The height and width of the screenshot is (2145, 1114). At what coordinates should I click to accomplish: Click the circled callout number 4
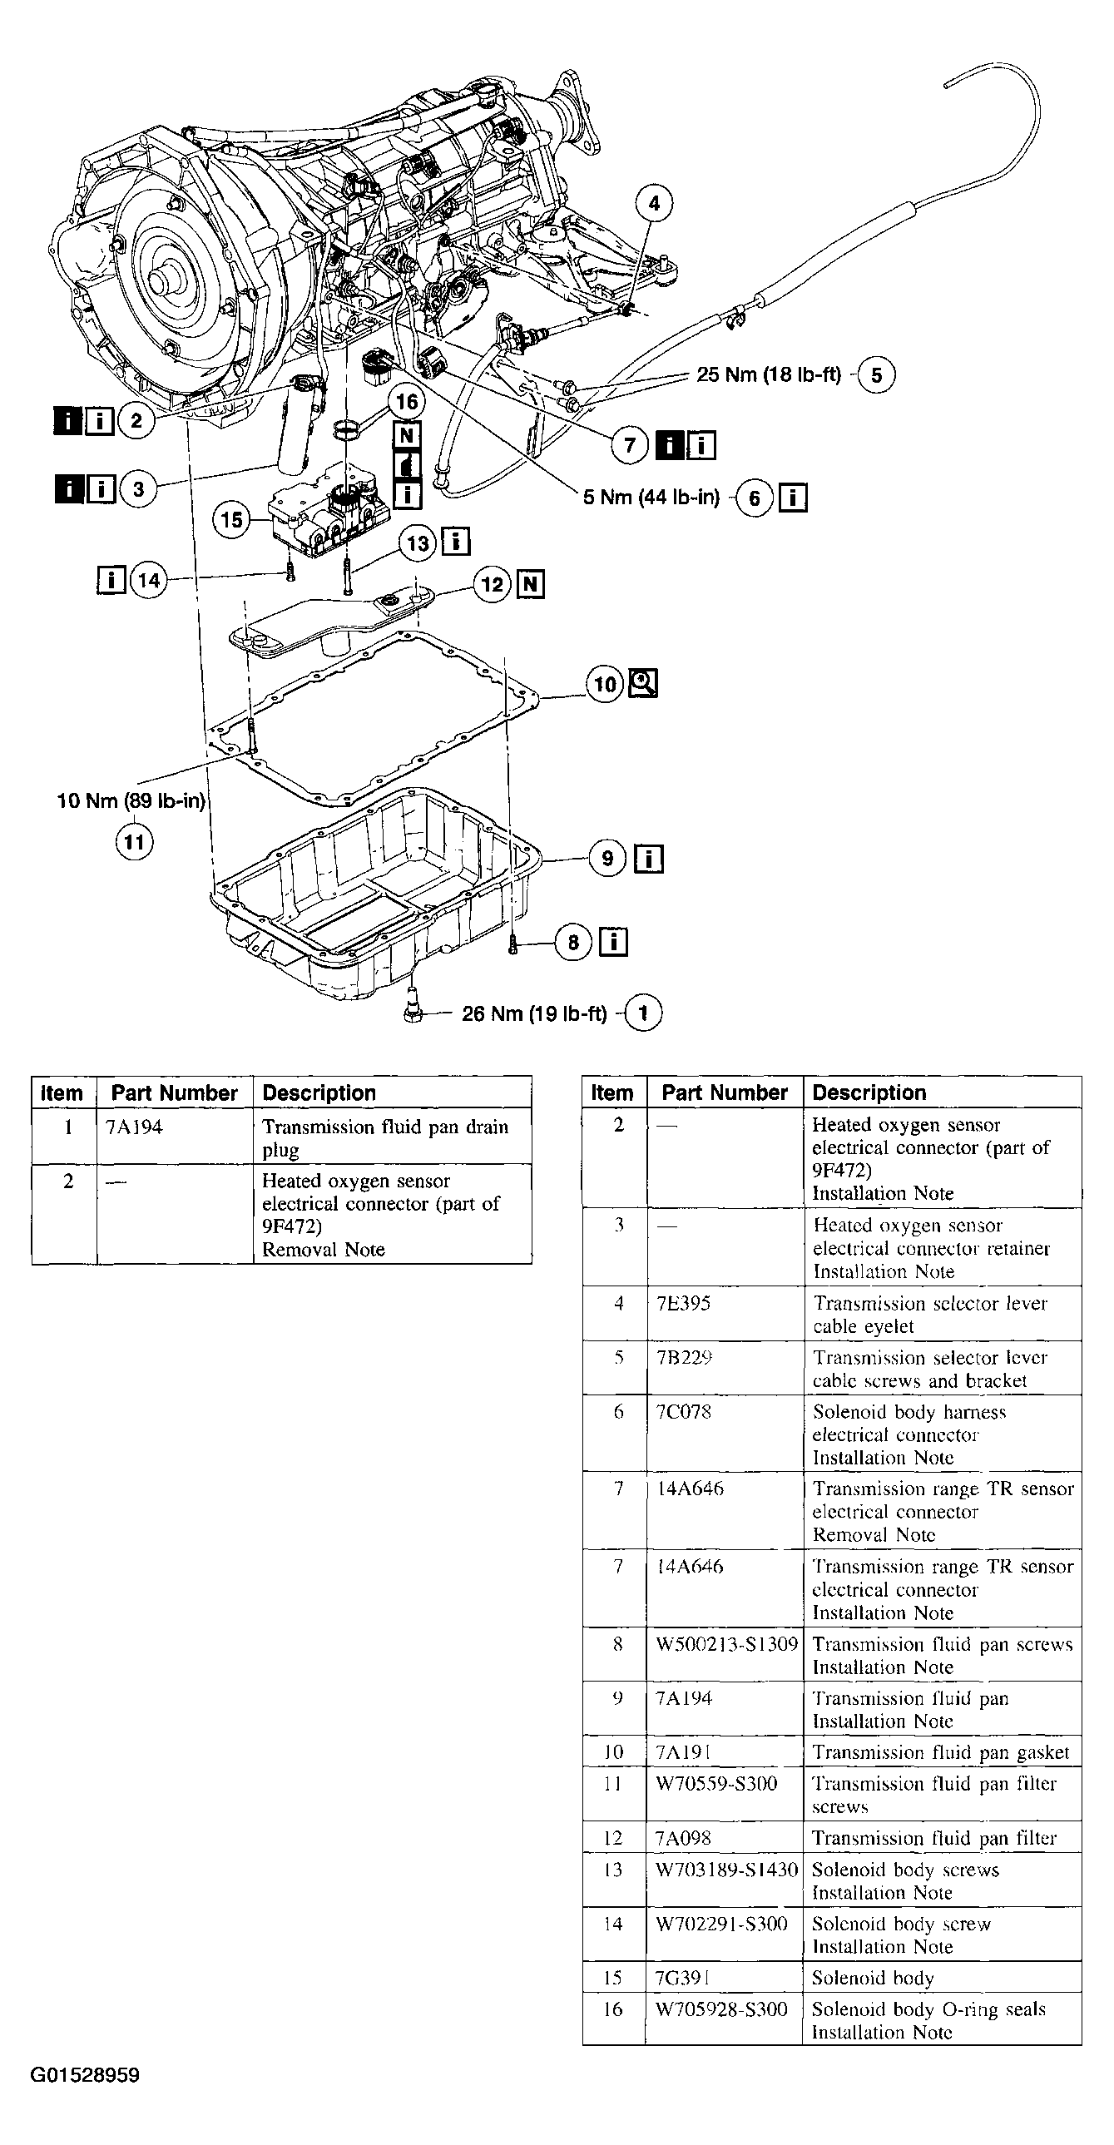coord(655,203)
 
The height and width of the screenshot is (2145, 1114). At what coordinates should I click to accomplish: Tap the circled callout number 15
coord(231,520)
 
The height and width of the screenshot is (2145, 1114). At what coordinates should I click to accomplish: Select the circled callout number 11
coord(134,842)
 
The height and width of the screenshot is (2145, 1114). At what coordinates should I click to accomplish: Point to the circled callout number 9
coord(607,858)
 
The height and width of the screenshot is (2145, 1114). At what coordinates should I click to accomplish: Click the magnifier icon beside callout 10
coord(644,684)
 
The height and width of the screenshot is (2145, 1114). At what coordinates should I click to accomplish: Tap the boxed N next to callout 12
coord(530,585)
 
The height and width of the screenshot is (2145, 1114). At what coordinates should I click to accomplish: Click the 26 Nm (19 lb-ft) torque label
coord(533,1013)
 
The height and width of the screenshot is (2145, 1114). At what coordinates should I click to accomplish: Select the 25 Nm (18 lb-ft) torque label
coord(769,374)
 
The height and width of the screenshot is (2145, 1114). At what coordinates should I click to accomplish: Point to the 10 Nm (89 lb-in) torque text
coord(131,801)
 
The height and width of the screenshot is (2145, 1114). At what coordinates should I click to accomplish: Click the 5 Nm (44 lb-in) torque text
coord(651,498)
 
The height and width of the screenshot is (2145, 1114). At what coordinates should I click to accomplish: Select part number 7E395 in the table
coord(683,1303)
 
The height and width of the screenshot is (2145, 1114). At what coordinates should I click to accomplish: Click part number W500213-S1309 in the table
coord(726,1645)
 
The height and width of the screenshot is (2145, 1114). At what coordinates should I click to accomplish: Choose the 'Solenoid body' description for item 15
coord(873,1978)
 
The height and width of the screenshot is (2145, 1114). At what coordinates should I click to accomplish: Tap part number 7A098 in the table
coord(683,1838)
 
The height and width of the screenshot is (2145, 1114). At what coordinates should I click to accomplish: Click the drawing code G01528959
coord(85,2075)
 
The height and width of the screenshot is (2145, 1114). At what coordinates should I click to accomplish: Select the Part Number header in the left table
coord(174,1093)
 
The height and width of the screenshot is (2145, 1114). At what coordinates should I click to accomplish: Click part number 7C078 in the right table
coord(683,1411)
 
